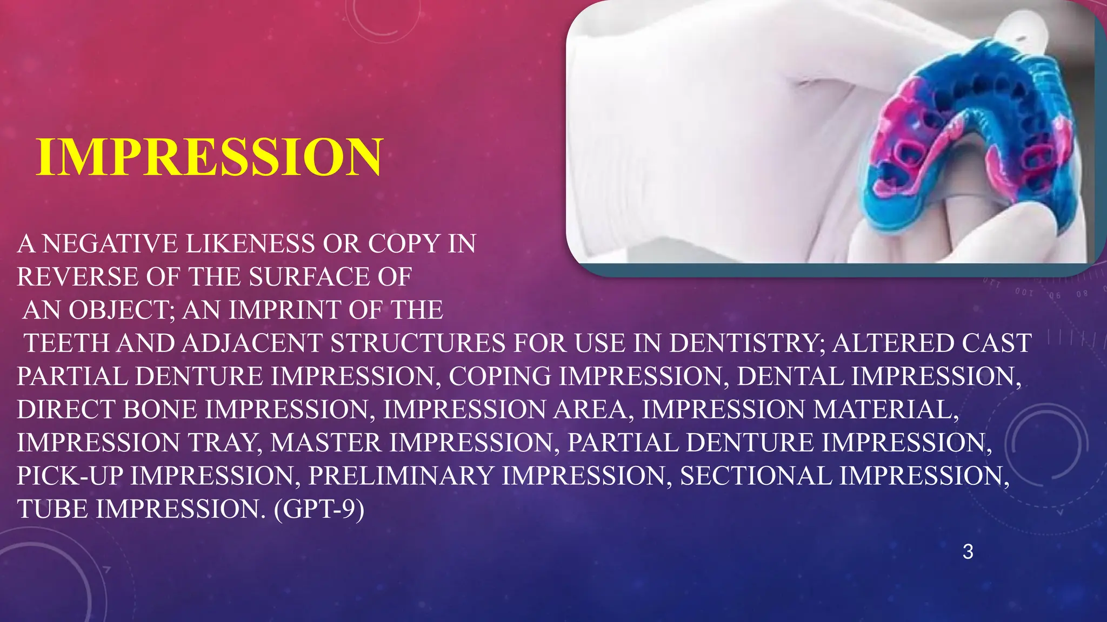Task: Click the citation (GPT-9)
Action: [319, 509]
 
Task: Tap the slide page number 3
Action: [968, 552]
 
